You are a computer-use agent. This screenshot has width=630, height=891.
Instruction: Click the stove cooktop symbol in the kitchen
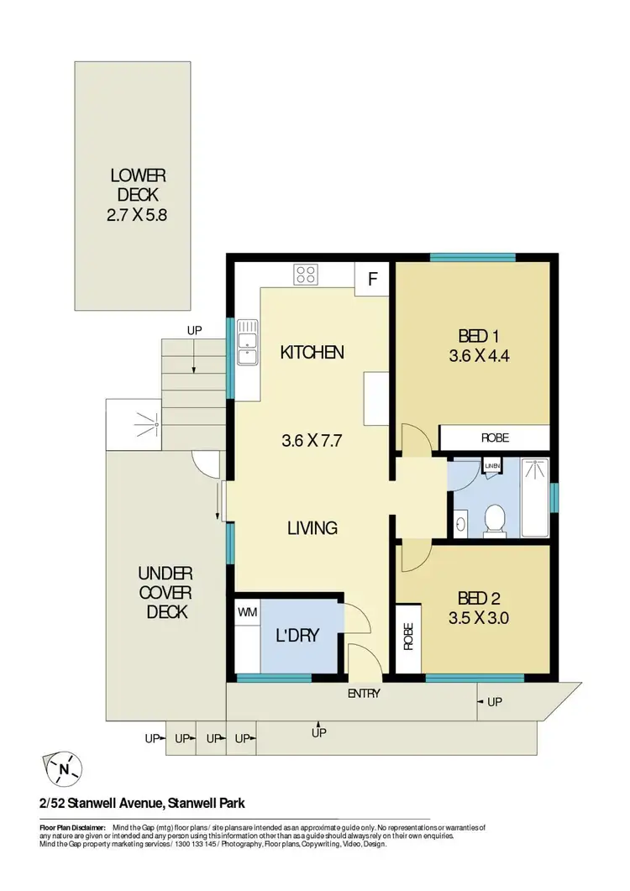[x=306, y=275]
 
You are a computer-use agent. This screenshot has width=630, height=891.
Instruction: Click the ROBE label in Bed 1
[x=494, y=438]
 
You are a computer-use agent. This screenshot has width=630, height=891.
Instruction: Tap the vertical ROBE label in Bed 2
[x=409, y=638]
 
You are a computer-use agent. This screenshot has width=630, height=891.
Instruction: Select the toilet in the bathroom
[x=496, y=518]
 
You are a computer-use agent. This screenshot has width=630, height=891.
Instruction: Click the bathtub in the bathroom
[x=535, y=497]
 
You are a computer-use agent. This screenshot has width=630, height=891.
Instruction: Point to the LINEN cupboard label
[x=491, y=467]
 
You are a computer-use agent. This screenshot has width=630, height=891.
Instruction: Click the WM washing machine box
[x=247, y=612]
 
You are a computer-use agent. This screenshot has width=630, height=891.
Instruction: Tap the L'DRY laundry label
[x=297, y=636]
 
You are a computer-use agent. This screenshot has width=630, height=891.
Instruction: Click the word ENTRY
[x=364, y=694]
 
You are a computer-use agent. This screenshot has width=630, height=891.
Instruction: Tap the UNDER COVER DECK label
[x=165, y=593]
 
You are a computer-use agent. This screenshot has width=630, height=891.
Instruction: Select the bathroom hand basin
[x=459, y=525]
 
